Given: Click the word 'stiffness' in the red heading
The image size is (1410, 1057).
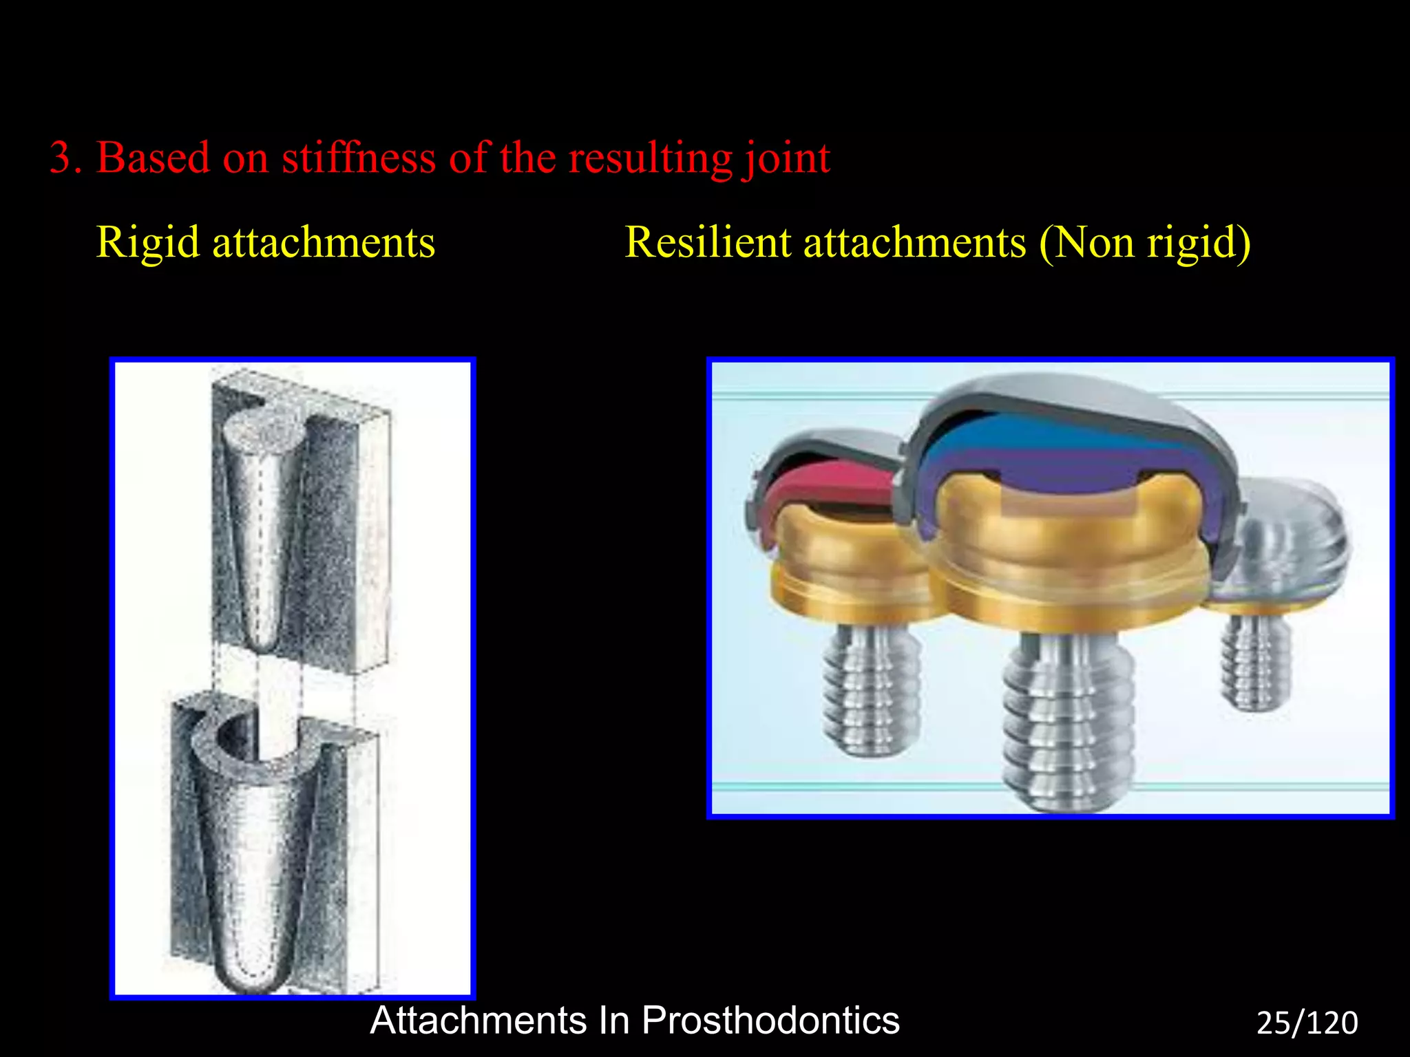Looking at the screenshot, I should (359, 158).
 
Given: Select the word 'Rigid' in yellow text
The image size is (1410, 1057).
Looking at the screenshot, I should (147, 243).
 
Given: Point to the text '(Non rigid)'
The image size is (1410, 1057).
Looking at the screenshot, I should (1144, 243).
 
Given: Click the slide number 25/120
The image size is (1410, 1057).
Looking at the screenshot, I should (1307, 1023).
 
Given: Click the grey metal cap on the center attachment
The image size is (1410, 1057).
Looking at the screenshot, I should (1074, 396).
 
